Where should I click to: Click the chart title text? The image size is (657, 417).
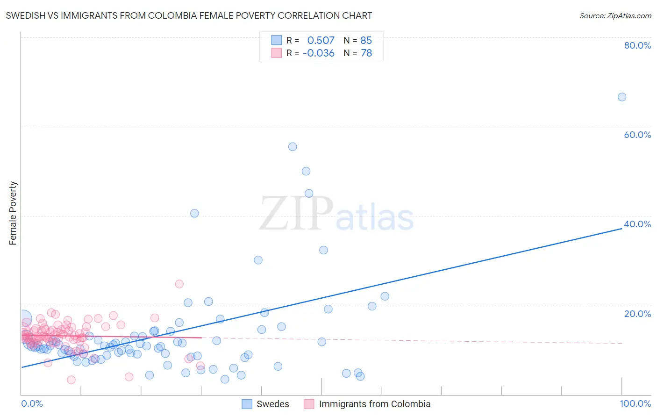click(x=189, y=15)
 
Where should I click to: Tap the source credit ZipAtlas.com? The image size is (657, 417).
click(x=615, y=15)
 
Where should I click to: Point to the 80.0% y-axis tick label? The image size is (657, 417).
click(x=637, y=45)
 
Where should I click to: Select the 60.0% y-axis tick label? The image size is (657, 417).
click(x=637, y=135)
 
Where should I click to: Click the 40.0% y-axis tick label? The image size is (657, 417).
click(x=637, y=224)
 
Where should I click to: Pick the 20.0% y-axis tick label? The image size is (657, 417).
click(x=637, y=314)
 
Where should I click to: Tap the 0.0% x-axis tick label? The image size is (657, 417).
click(x=32, y=403)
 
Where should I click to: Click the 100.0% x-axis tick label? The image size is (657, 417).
click(x=635, y=403)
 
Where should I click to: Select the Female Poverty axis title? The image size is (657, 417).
click(x=13, y=213)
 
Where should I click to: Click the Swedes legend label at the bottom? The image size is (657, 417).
click(x=273, y=404)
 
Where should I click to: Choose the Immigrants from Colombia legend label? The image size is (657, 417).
click(x=374, y=404)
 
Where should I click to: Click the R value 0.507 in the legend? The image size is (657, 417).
click(x=321, y=41)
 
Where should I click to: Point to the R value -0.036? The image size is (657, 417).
click(x=319, y=53)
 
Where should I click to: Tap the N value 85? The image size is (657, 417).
click(x=366, y=41)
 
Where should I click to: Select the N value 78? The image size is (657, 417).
click(x=366, y=53)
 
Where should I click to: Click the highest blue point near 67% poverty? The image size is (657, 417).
click(x=622, y=97)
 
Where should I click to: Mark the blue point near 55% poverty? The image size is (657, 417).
click(x=293, y=147)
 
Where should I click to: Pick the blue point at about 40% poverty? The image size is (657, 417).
click(x=194, y=213)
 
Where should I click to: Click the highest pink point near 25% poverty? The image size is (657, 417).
click(x=179, y=284)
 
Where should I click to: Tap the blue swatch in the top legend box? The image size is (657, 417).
click(x=277, y=41)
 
